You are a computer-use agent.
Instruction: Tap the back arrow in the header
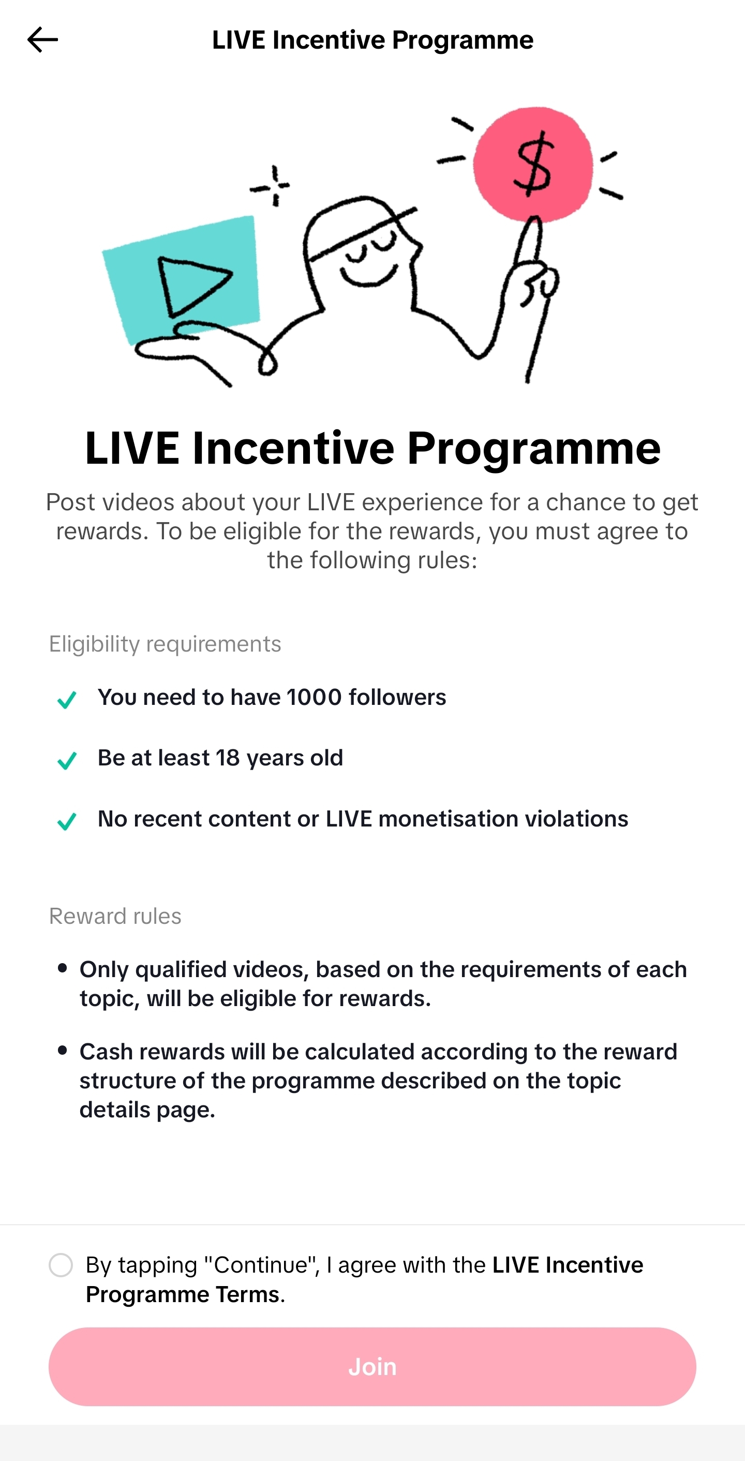tap(42, 40)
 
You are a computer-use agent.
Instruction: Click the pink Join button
tap(372, 1366)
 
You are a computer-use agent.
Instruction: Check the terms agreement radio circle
tap(61, 1265)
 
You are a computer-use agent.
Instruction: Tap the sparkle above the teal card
tap(272, 185)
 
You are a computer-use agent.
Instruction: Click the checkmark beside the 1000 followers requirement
tap(67, 699)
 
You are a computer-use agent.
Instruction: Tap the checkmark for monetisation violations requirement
tap(67, 821)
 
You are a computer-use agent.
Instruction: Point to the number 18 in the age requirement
tap(227, 758)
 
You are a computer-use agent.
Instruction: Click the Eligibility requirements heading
tap(165, 644)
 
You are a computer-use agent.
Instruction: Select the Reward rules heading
tap(115, 916)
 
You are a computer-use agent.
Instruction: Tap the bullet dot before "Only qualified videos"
tap(63, 968)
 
